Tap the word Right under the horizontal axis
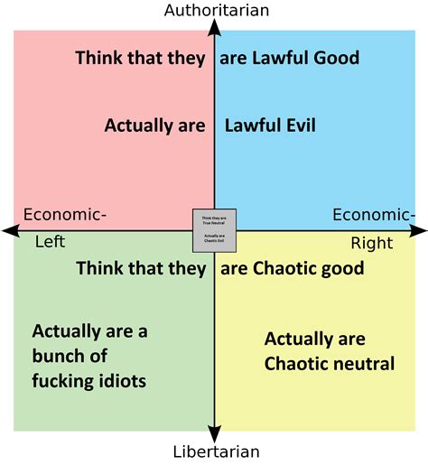[371, 243]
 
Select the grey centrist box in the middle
[214, 230]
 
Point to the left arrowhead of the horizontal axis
[9, 231]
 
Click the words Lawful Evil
[269, 126]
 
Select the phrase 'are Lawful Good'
[289, 59]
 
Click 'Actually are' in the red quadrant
[154, 126]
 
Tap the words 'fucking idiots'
[88, 381]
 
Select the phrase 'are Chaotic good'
[292, 268]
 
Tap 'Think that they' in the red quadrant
[140, 59]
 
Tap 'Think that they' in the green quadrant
[141, 268]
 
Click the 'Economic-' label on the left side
[64, 214]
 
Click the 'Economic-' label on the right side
[373, 214]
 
